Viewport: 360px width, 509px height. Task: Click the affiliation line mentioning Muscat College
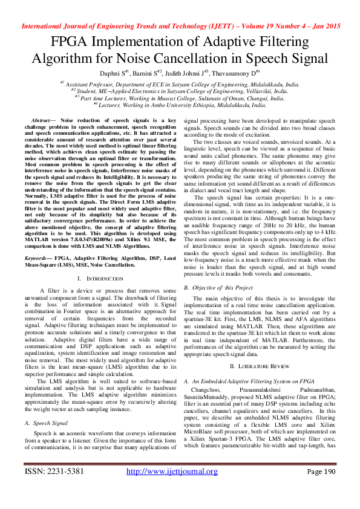[x=180, y=97]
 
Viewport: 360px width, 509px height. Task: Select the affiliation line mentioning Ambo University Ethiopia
[x=180, y=104]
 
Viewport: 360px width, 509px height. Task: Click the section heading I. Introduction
[x=100, y=278]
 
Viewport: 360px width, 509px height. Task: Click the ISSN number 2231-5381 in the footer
[x=64, y=488]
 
